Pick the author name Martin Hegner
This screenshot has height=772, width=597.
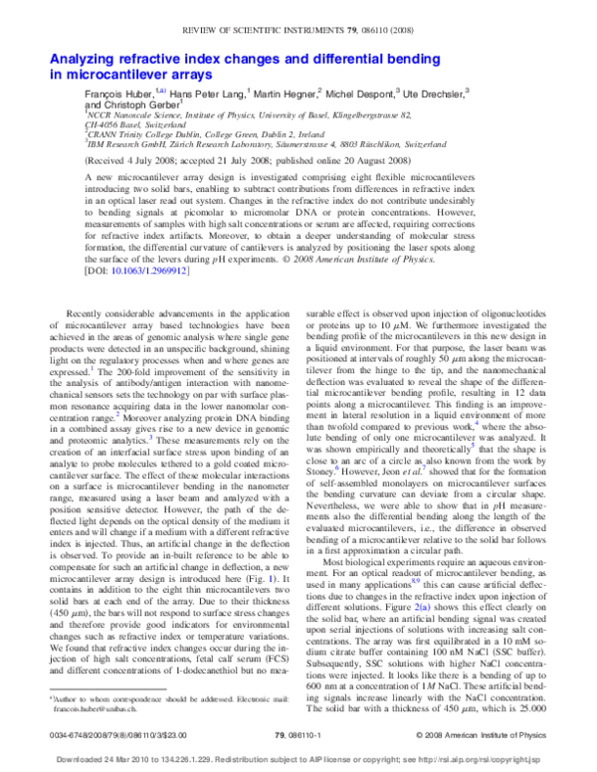click(x=289, y=92)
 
